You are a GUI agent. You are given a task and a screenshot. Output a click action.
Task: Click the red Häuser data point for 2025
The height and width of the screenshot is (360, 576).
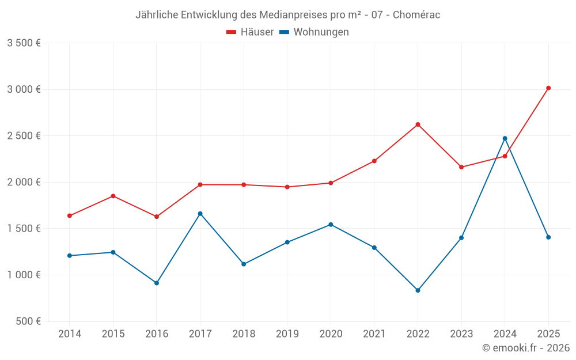548,88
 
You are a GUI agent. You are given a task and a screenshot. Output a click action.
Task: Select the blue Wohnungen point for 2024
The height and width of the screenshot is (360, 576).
505,138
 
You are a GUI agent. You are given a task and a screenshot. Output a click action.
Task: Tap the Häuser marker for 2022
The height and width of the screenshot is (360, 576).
418,124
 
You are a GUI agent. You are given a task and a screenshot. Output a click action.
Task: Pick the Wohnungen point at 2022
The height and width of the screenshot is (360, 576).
418,290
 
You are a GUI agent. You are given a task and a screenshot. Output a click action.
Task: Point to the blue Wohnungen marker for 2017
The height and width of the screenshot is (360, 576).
200,214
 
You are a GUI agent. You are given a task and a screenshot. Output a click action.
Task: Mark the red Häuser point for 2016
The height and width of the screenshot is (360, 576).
157,217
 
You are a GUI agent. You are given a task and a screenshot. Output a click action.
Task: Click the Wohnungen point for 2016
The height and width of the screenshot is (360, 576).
157,283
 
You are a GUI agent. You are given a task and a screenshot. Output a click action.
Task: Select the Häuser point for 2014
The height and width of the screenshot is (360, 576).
70,216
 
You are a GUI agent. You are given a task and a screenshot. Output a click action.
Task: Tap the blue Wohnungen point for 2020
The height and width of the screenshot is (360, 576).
331,225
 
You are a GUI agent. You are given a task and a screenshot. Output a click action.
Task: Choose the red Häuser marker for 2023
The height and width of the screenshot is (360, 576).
461,167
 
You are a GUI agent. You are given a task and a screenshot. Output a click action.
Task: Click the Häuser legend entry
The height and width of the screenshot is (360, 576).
250,32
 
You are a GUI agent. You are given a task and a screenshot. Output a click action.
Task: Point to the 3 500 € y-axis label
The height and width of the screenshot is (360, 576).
24,43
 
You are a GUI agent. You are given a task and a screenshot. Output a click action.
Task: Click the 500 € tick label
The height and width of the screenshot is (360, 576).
28,321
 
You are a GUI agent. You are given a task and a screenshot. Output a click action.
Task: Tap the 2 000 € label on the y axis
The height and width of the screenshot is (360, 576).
24,182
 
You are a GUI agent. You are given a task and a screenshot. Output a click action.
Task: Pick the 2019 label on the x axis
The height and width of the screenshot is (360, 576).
287,334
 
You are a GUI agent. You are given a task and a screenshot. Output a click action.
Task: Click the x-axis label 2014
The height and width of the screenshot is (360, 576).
70,334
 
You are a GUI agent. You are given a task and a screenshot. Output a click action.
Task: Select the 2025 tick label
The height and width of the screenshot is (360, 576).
548,334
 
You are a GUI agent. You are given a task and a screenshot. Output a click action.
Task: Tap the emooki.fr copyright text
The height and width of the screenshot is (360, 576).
525,348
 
